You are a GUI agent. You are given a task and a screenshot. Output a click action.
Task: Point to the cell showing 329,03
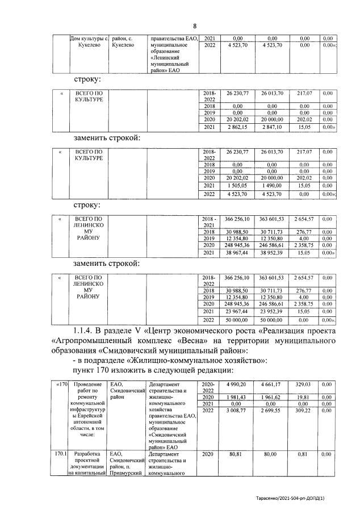point(304,385)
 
